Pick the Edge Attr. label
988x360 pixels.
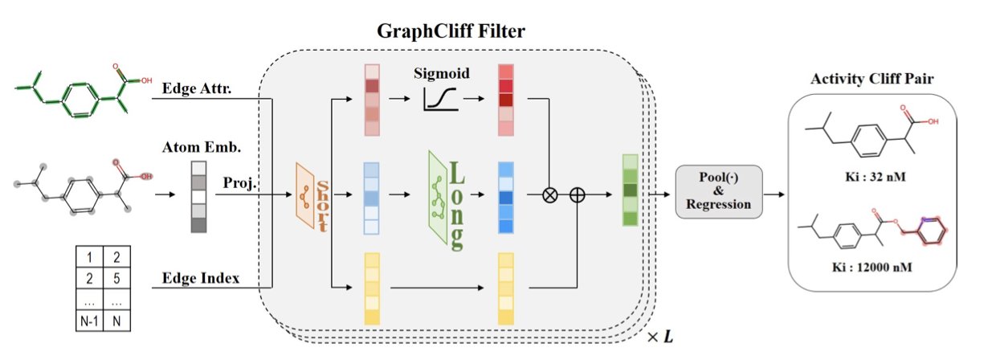click(x=196, y=88)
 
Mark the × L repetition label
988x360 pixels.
click(x=659, y=336)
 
